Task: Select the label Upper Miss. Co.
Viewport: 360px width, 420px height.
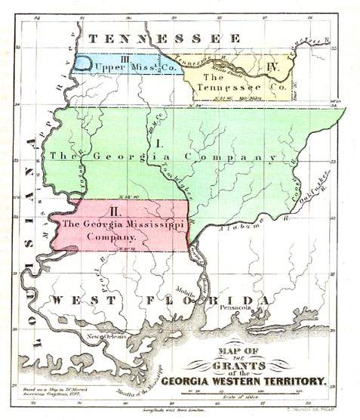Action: [126, 69]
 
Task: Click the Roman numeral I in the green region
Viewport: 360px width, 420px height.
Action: [159, 142]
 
